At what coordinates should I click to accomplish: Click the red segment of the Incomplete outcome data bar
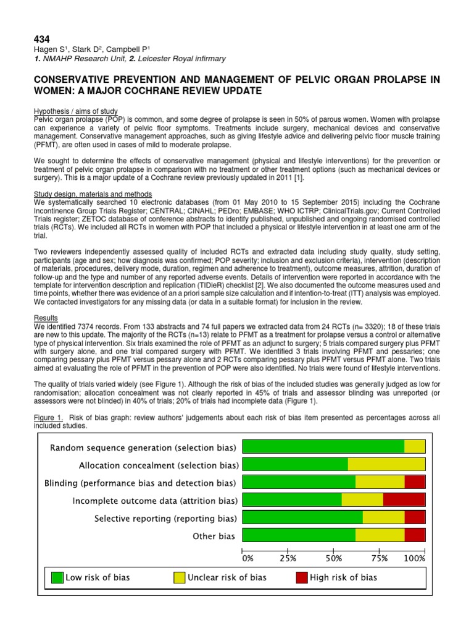tap(404, 500)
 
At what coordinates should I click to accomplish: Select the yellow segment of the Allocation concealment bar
tap(386, 464)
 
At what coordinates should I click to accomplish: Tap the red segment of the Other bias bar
tap(415, 535)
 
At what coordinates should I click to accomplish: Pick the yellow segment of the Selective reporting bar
tap(383, 518)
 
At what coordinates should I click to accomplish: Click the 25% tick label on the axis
tap(288, 558)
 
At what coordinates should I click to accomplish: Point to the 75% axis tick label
tap(379, 558)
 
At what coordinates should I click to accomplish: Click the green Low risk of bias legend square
tap(57, 577)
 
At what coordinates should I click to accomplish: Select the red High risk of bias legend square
tap(301, 577)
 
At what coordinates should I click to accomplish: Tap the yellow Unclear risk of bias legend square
tap(179, 577)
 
